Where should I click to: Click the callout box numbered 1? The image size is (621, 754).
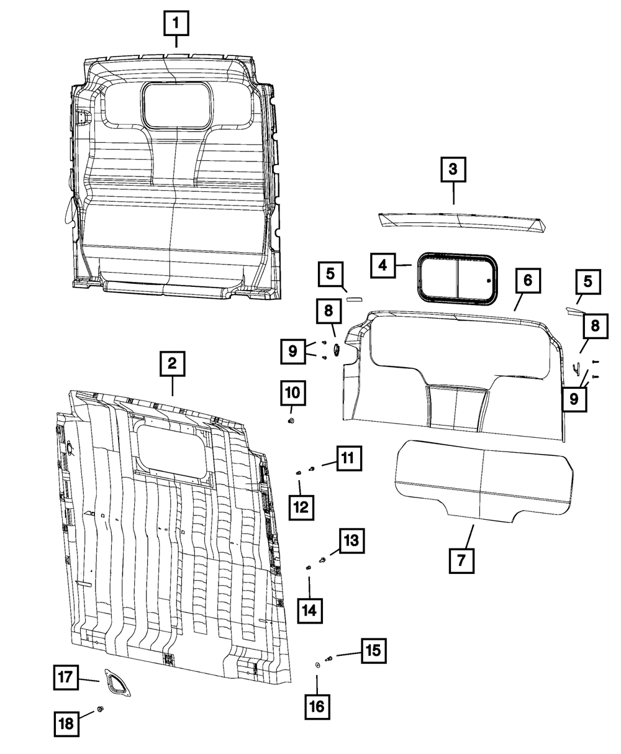176,25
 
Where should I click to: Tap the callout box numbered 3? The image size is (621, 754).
453,170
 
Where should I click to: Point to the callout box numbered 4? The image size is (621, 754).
383,265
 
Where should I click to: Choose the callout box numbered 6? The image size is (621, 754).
527,281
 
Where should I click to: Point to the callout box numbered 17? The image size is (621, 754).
65,677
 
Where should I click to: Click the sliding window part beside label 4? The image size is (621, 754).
457,279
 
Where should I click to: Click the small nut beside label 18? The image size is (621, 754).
101,710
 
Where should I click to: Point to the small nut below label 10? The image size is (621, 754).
291,422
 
